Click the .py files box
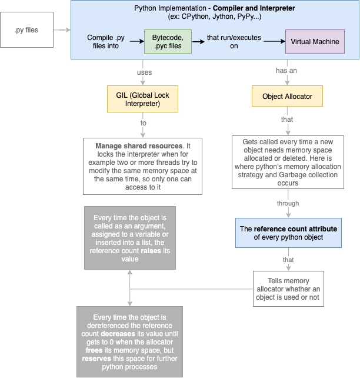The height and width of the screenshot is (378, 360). click(x=26, y=29)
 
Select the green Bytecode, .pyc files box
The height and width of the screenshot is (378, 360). click(x=167, y=41)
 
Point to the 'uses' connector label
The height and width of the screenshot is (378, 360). click(x=144, y=72)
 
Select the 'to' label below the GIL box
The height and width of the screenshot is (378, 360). click(x=143, y=123)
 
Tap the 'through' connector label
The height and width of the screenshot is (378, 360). click(x=288, y=203)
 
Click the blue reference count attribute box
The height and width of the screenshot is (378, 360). click(x=288, y=233)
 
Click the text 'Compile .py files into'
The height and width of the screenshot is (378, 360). click(x=106, y=42)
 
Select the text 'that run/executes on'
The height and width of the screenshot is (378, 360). click(x=234, y=42)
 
